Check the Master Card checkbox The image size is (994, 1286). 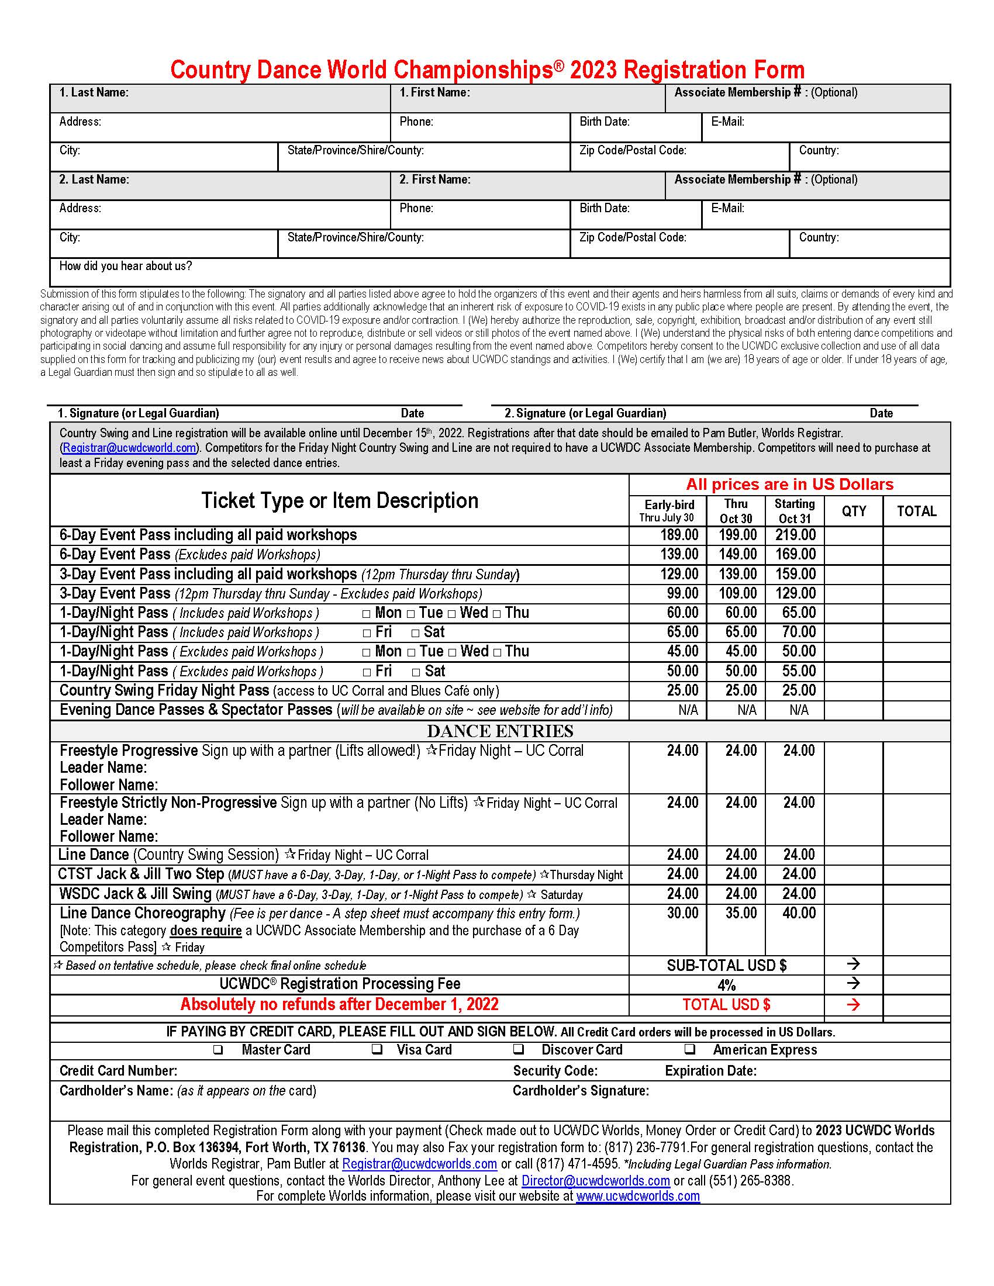218,1049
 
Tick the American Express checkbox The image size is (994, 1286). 689,1049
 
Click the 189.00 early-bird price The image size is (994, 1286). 679,535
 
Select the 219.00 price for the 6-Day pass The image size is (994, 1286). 795,535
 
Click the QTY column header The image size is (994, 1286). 853,511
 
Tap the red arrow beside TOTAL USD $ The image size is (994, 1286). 853,1004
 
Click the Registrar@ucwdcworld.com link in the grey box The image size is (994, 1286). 129,448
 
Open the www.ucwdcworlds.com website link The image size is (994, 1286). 638,1196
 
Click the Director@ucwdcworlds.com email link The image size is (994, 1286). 595,1181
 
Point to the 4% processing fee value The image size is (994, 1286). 726,985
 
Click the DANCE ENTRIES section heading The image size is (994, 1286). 500,731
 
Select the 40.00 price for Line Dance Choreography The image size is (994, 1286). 799,913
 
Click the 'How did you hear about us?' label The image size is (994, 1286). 126,266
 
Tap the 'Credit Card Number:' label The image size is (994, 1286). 118,1070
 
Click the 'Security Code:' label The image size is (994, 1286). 555,1070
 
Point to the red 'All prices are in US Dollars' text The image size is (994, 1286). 789,485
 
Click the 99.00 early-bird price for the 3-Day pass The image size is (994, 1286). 682,593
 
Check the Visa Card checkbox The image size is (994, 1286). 378,1049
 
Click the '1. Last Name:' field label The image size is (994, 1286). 94,92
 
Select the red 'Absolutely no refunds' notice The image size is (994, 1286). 339,1004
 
